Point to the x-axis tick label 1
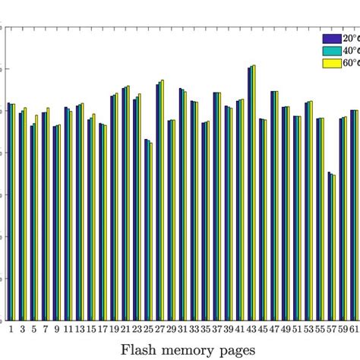click(x=11, y=329)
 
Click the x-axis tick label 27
click(x=159, y=329)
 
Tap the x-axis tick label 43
click(x=251, y=329)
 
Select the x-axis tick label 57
click(x=331, y=329)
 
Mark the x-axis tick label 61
click(x=354, y=329)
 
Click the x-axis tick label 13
click(x=80, y=329)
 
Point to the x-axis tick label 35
click(x=205, y=329)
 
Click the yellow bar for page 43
click(x=254, y=193)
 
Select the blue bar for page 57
click(x=329, y=246)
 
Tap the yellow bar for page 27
click(x=163, y=201)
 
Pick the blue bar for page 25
click(x=146, y=229)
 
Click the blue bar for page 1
click(x=8, y=211)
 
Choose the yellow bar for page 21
click(x=128, y=203)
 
